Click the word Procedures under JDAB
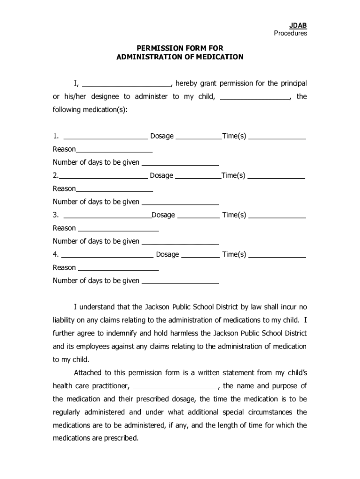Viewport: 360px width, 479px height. pos(290,33)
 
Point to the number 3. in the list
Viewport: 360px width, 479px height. pos(56,215)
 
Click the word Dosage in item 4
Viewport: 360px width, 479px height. pos(167,254)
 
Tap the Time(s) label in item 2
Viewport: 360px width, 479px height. pos(233,175)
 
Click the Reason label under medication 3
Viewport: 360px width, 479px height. pos(65,228)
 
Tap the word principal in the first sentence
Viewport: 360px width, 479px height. pos(294,84)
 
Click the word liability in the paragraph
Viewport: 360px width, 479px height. pos(65,320)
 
